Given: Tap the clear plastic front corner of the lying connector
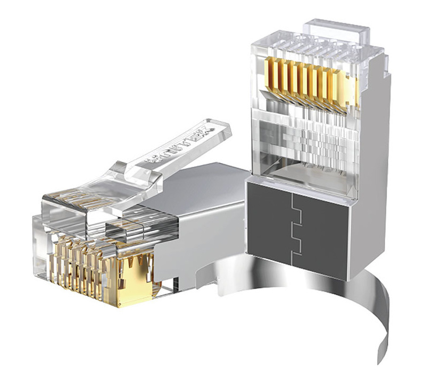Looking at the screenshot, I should coord(40,250).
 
